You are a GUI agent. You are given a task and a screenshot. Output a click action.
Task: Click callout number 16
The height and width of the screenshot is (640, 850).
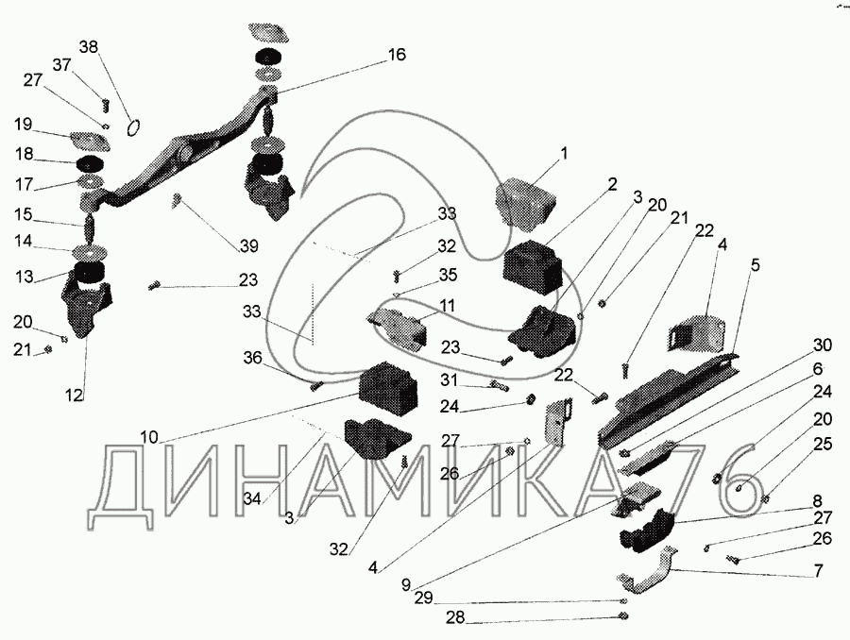pos(397,55)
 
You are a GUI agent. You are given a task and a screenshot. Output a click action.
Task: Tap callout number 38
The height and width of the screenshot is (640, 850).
pos(89,47)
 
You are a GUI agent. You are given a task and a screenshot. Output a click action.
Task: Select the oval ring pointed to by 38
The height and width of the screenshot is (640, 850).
pos(133,127)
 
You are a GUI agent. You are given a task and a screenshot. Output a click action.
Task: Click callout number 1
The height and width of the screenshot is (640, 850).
pos(564,153)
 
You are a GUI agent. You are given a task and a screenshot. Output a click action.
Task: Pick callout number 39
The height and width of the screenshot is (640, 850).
pos(248,246)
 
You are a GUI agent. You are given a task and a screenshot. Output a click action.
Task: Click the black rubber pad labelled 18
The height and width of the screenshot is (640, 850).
pos(90,163)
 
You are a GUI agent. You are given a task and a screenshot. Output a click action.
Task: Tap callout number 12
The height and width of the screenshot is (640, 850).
pos(75,396)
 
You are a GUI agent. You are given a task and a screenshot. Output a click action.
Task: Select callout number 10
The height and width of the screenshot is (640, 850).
pos(149,437)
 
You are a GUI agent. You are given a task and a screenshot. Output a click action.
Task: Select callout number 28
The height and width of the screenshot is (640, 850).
pos(455,617)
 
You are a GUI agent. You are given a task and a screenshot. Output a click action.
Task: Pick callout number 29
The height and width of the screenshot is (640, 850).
pos(424,598)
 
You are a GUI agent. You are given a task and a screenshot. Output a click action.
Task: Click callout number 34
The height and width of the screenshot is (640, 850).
pos(251,498)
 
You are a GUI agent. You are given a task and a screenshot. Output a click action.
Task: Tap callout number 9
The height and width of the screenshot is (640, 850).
pos(406,584)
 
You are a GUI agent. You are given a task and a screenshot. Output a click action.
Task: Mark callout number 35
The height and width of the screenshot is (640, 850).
pos(448,274)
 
